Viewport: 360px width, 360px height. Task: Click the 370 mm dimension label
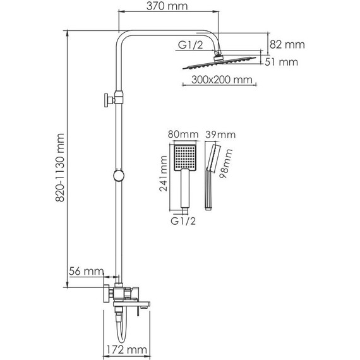pos(169,8)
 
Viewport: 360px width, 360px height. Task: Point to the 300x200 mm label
pos(217,80)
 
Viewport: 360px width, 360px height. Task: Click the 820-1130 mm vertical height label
pos(61,168)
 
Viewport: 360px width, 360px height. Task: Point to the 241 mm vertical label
pos(164,176)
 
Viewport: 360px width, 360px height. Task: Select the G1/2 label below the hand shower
pos(184,221)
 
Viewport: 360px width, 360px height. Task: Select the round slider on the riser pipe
pos(117,176)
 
